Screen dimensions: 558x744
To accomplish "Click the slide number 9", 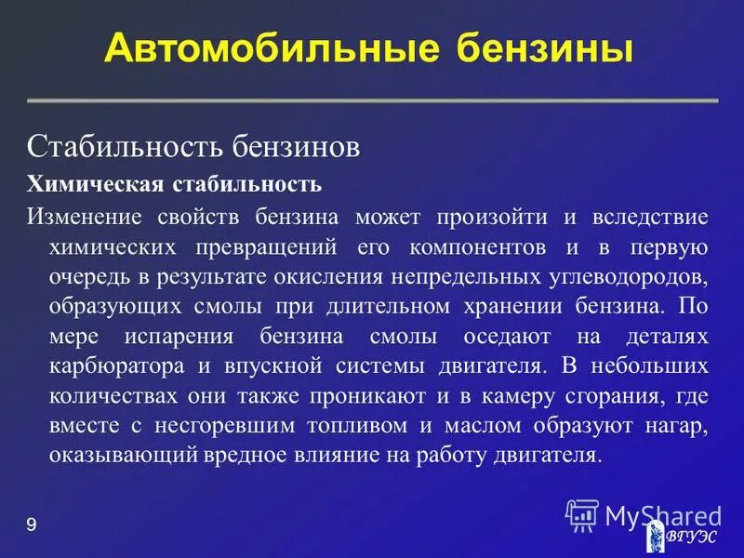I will pyautogui.click(x=32, y=525).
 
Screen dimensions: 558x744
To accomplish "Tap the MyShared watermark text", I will pyautogui.click(x=662, y=514).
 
